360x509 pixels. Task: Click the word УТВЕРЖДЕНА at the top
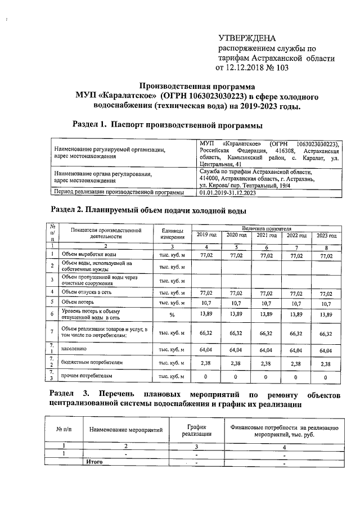[247, 38]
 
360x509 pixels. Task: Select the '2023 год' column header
[326, 235]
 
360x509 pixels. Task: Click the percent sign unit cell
[171, 314]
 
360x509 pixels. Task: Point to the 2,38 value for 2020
[236, 364]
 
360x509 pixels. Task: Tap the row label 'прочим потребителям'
[88, 376]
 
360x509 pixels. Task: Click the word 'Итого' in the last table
[95, 462]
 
